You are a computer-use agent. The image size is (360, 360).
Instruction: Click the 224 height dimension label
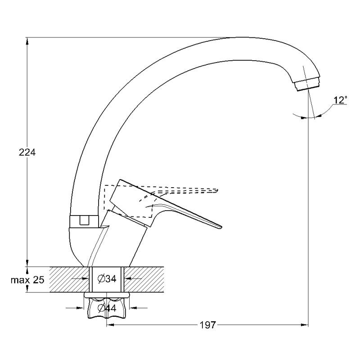click(x=27, y=153)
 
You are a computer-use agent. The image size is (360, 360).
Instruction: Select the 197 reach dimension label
click(x=208, y=325)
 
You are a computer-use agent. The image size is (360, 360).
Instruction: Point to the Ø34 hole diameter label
click(x=107, y=279)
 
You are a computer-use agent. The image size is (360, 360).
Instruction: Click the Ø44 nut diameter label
click(x=107, y=308)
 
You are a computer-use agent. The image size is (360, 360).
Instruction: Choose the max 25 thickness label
click(x=27, y=280)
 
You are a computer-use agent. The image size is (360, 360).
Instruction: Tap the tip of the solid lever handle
click(x=221, y=227)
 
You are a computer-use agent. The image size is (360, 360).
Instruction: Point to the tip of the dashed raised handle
click(x=217, y=190)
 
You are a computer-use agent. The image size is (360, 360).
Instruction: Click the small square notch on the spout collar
click(x=84, y=220)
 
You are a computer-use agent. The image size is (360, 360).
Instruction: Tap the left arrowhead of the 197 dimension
click(x=110, y=324)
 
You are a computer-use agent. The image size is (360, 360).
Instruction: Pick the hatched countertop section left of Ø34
click(x=69, y=279)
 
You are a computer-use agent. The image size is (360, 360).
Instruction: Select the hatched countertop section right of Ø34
click(x=144, y=279)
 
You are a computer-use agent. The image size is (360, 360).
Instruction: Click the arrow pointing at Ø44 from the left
click(x=75, y=308)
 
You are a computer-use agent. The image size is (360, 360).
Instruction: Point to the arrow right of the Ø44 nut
click(x=139, y=308)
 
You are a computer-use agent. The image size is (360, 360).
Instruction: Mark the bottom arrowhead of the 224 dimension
click(x=27, y=263)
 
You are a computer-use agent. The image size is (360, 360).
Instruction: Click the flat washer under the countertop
click(x=107, y=295)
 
